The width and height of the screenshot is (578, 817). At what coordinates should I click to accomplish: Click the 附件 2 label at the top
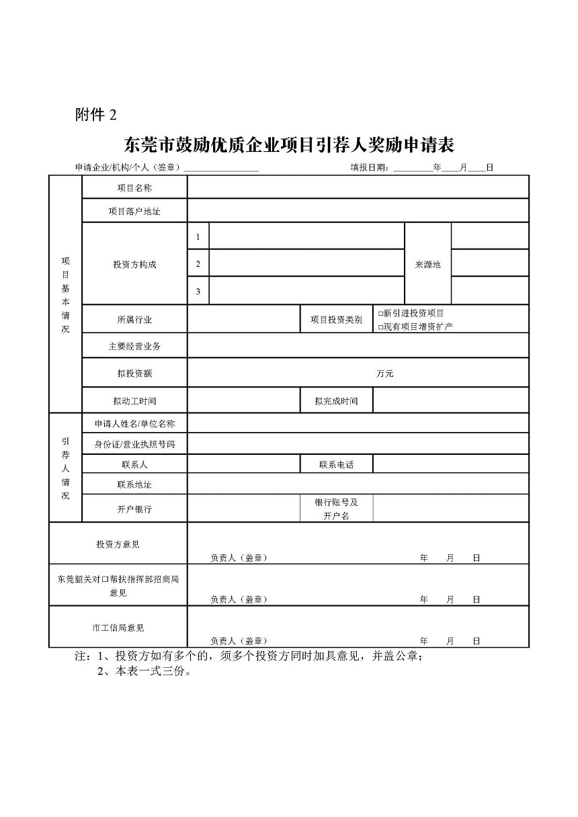(95, 115)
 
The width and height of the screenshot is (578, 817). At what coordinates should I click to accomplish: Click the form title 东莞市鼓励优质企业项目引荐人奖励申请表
(289, 144)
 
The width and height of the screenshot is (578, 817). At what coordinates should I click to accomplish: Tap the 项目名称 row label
(134, 188)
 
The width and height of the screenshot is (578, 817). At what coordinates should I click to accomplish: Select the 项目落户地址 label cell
(134, 212)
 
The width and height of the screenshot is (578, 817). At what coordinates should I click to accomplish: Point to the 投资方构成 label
(134, 265)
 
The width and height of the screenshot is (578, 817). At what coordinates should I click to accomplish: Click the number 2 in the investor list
(198, 264)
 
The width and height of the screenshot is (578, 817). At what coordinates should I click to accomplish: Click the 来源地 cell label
(427, 265)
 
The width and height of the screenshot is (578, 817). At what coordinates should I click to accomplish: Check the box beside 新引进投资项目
(380, 314)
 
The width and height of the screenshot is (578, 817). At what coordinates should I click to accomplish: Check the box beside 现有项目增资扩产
(380, 327)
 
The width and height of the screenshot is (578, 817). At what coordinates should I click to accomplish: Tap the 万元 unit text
(385, 374)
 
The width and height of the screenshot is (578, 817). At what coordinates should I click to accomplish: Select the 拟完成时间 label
(336, 401)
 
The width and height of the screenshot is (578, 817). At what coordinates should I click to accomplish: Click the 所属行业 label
(134, 320)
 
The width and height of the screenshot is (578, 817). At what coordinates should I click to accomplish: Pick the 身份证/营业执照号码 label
(134, 444)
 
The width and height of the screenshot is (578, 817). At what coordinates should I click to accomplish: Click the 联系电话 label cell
(336, 464)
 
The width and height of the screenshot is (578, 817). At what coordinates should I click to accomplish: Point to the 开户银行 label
(134, 509)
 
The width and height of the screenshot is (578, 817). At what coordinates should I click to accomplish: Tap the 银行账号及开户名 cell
(336, 509)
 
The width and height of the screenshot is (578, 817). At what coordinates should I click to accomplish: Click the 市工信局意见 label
(118, 628)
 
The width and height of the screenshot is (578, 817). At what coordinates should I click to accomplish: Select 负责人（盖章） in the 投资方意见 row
(239, 558)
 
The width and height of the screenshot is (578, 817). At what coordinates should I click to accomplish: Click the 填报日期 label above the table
(369, 167)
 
